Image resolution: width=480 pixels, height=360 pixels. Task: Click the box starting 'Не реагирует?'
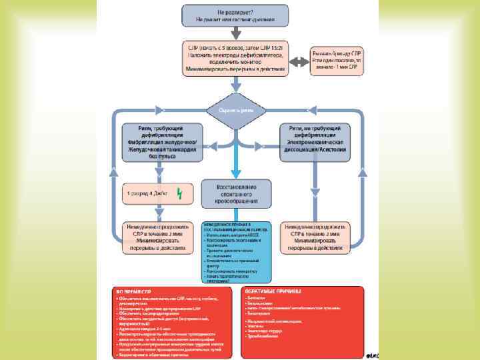[236, 17]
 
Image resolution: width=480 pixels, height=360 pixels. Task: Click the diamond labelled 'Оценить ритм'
[237, 109]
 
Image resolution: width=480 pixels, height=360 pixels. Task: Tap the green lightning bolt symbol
[179, 194]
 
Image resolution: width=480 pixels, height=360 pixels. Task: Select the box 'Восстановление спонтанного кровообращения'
[236, 192]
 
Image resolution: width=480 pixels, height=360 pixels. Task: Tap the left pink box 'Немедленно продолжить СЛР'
[157, 237]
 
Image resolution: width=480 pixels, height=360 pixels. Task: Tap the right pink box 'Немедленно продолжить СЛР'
[316, 237]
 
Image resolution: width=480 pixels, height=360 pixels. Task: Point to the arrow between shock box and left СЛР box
[157, 212]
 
